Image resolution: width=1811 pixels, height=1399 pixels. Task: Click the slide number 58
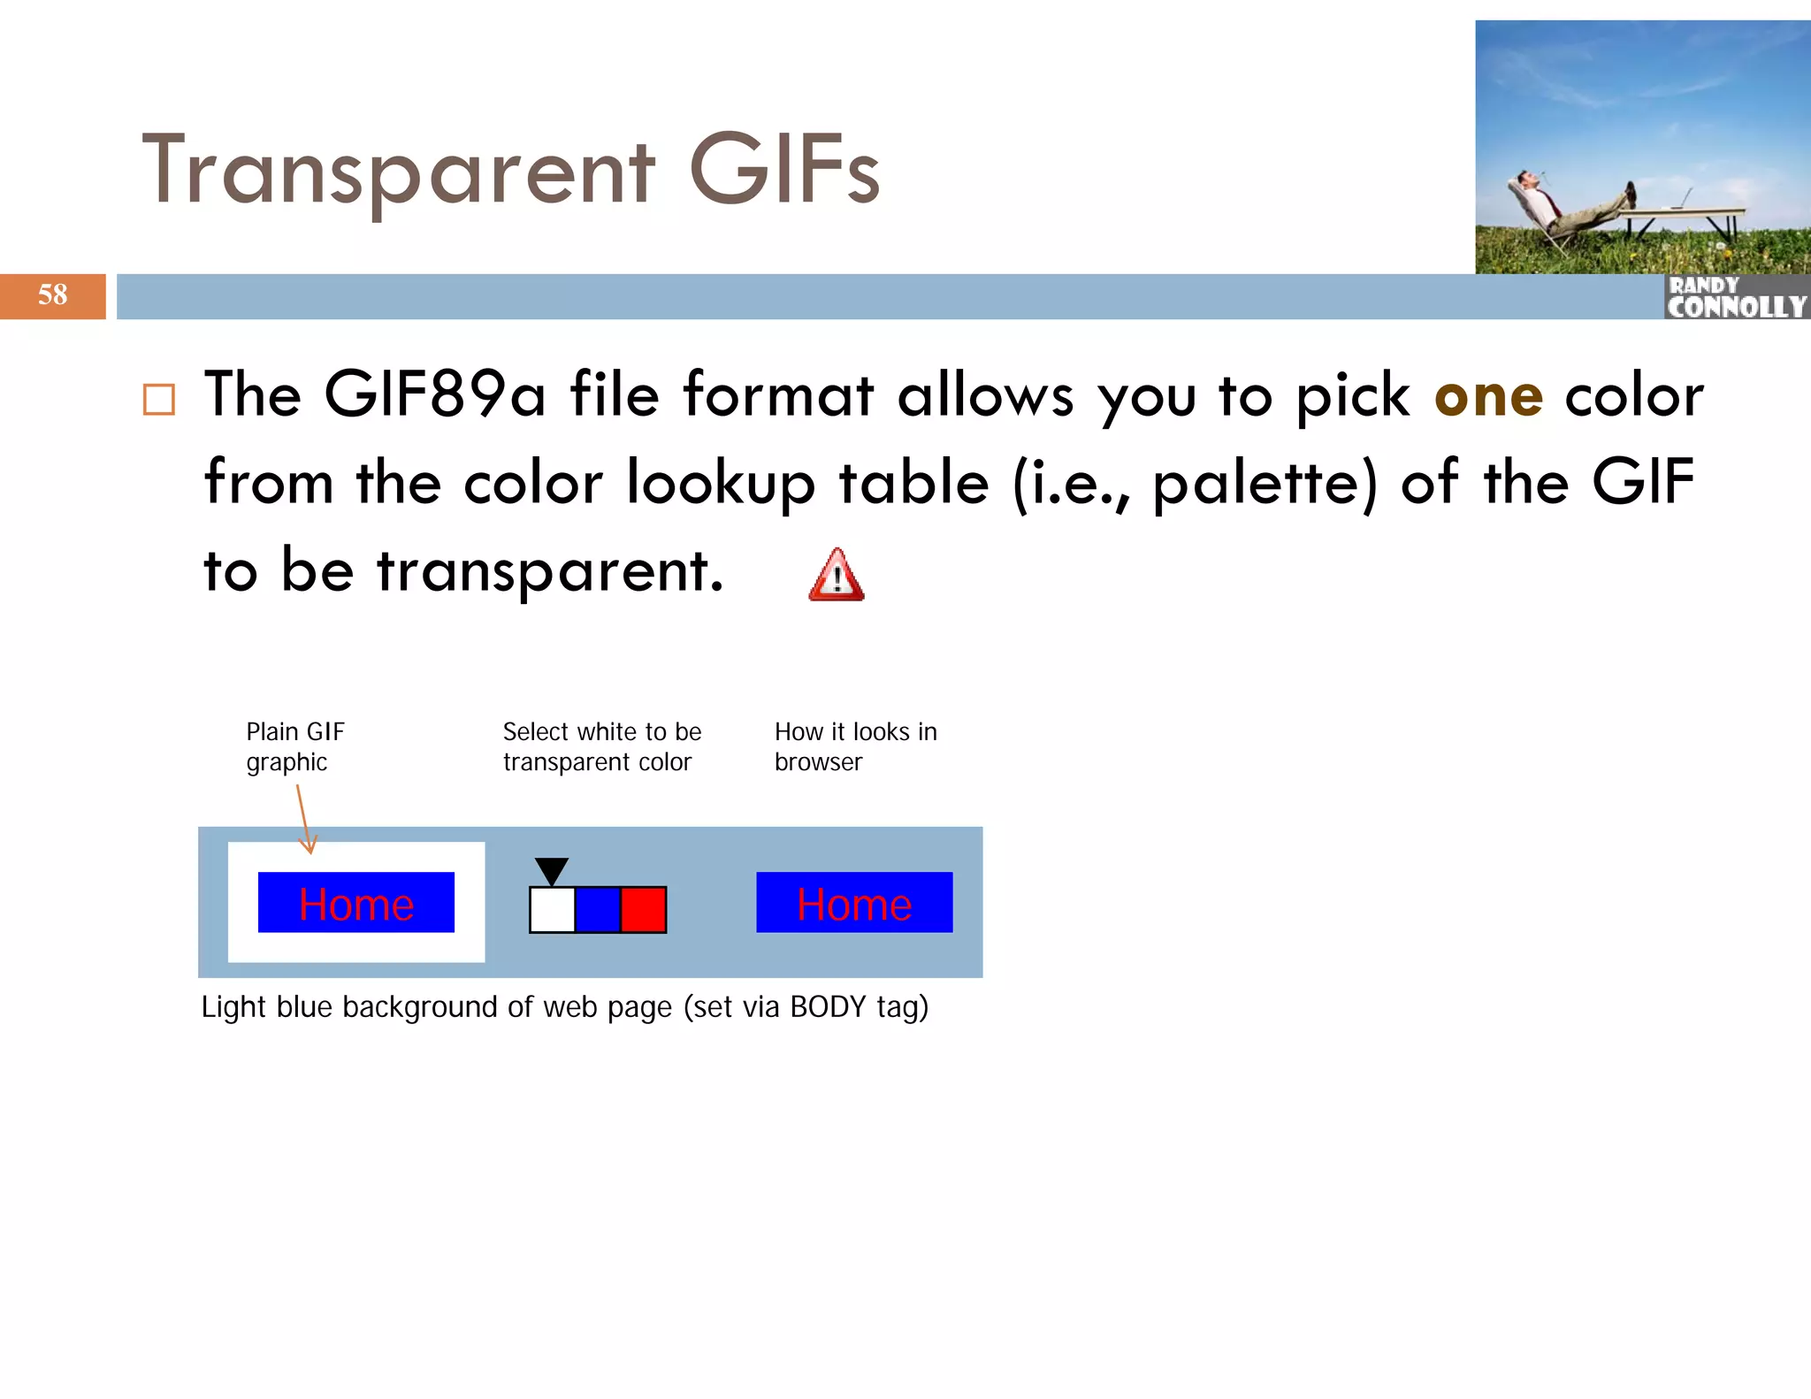click(52, 294)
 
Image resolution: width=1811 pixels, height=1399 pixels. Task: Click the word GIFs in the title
click(783, 170)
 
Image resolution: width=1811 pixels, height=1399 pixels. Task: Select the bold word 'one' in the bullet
click(1488, 395)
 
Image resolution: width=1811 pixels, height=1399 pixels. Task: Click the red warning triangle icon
click(836, 577)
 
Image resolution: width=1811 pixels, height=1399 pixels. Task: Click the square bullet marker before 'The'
click(159, 400)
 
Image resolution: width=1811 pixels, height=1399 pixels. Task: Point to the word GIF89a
click(434, 394)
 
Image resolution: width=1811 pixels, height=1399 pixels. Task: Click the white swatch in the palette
click(552, 910)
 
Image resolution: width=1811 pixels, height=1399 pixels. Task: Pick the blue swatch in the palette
click(598, 910)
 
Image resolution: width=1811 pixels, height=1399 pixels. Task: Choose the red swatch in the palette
click(643, 910)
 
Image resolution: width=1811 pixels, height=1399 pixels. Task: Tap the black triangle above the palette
click(551, 869)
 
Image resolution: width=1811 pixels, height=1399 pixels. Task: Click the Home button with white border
click(356, 903)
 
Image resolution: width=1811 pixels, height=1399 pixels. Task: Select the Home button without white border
click(854, 903)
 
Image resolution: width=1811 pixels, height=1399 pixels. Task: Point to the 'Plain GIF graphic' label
click(294, 746)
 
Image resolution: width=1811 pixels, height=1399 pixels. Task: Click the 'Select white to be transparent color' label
click(601, 746)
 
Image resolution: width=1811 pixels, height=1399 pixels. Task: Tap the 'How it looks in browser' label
click(855, 746)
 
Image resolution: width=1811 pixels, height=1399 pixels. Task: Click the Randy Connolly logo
click(1737, 297)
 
